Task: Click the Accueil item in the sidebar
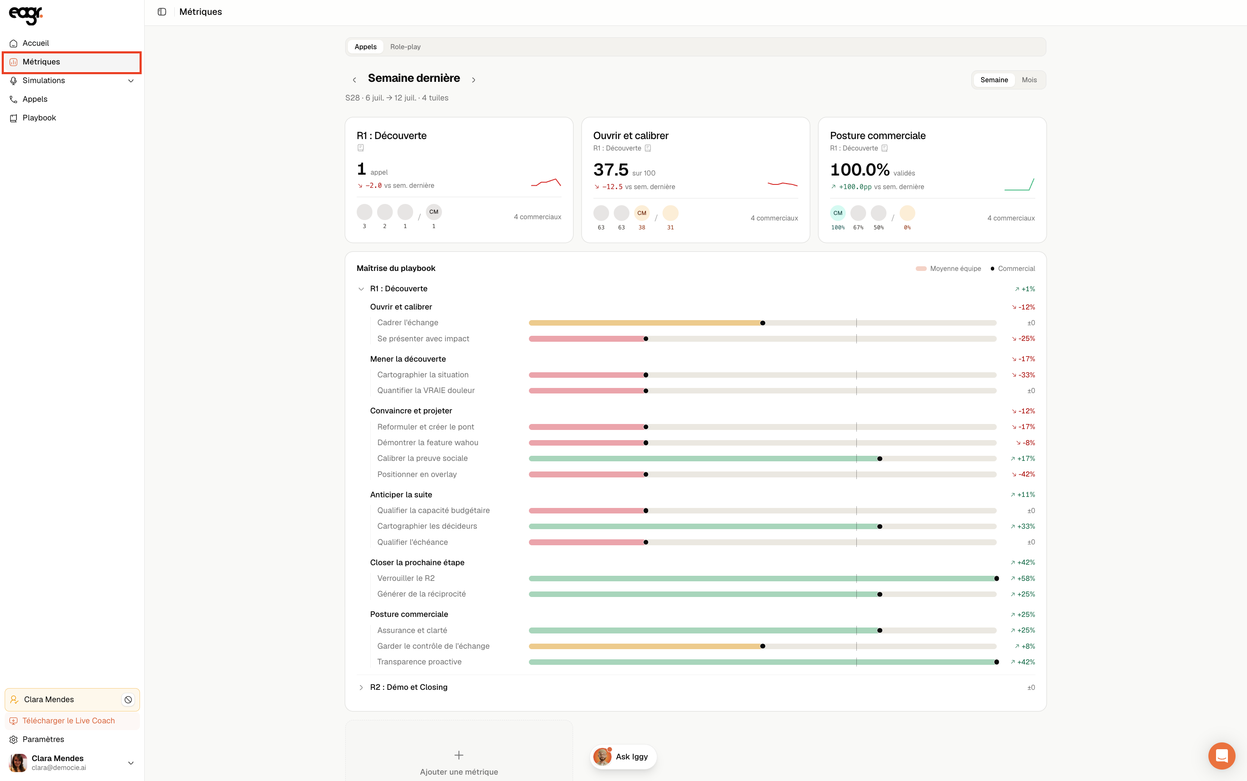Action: pos(36,43)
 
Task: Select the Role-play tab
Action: pos(405,47)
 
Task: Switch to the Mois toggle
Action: pos(1029,80)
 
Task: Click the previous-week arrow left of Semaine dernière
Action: pos(354,80)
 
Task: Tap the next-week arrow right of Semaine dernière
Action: pos(474,80)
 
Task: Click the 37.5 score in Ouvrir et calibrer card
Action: pos(611,170)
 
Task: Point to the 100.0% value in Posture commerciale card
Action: pos(860,170)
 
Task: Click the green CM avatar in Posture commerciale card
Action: pos(837,213)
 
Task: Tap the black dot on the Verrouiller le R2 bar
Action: pos(996,578)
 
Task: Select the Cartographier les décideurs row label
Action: pos(427,526)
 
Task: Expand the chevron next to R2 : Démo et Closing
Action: pos(361,687)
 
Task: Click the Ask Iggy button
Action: pos(623,757)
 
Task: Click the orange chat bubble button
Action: pos(1221,756)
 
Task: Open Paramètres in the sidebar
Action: pos(43,739)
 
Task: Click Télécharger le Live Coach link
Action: pos(69,720)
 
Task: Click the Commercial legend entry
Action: pos(1012,268)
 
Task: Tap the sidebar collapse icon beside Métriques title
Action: pos(162,12)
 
